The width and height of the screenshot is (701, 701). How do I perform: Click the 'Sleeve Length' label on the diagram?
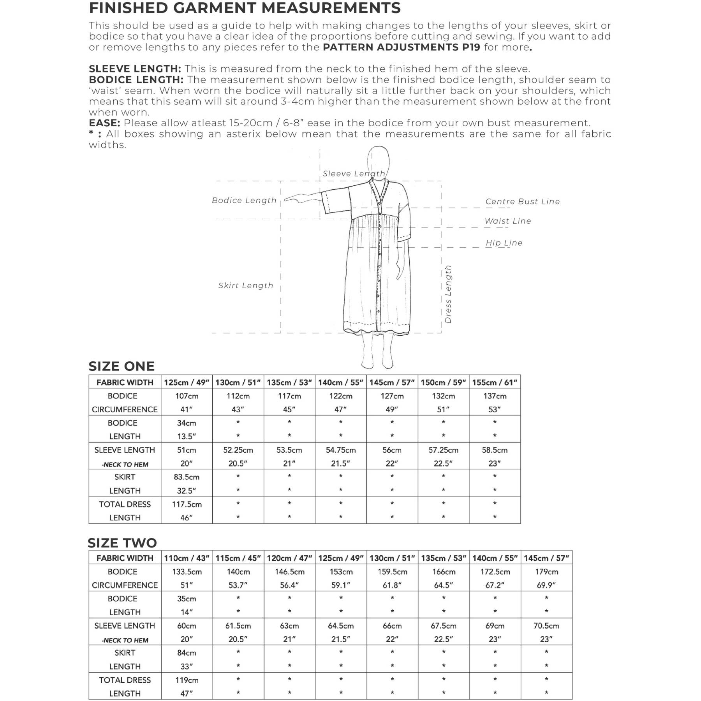click(353, 174)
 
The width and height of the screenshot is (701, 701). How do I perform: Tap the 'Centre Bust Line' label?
click(522, 201)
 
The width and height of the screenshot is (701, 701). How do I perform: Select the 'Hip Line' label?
click(504, 243)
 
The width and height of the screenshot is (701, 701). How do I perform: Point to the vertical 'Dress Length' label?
click(448, 294)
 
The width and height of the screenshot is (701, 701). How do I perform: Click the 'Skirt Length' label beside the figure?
click(245, 285)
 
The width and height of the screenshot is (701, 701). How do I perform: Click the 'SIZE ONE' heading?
click(122, 366)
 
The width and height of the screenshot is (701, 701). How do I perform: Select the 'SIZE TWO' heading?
click(122, 542)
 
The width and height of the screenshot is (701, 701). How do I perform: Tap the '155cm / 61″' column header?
click(495, 382)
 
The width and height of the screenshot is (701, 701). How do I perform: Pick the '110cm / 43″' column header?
click(187, 558)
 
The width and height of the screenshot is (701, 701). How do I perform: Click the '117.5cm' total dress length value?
click(187, 504)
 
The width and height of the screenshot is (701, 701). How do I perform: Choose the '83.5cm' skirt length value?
click(187, 477)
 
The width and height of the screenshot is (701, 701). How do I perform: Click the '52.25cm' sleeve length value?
click(238, 450)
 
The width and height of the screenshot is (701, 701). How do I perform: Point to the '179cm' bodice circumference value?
click(546, 572)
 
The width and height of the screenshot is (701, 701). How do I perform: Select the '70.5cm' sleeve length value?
click(546, 626)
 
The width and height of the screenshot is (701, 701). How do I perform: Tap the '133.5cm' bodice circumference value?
click(187, 572)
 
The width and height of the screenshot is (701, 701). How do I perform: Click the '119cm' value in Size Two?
click(187, 680)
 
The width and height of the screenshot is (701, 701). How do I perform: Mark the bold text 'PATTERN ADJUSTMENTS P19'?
click(402, 48)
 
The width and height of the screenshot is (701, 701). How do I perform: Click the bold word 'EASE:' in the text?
click(104, 123)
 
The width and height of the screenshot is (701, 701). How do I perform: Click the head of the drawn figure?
click(378, 160)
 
